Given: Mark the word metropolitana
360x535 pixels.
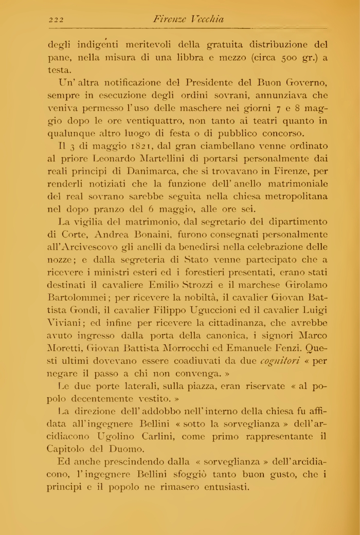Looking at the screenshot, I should click(290, 196).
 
